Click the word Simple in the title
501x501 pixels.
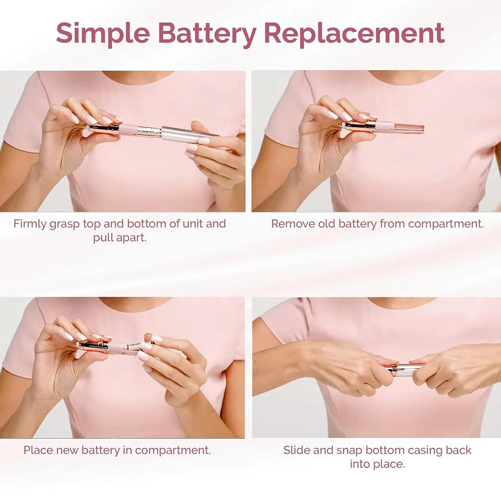click(103, 34)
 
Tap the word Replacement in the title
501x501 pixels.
click(354, 34)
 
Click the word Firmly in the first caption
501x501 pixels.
click(30, 224)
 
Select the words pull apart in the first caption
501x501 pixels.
click(120, 237)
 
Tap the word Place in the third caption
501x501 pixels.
click(38, 450)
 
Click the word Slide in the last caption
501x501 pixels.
click(297, 450)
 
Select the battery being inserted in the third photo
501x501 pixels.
click(136, 347)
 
